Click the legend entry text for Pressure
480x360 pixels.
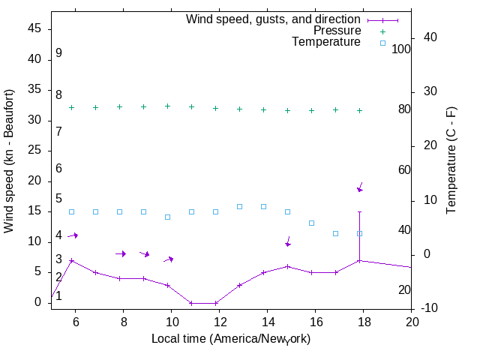tap(337, 31)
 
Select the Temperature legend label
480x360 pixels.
tap(326, 42)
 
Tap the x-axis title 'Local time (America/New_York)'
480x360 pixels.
tap(231, 339)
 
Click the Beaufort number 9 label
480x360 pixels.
tap(58, 54)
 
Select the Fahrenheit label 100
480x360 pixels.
tap(402, 49)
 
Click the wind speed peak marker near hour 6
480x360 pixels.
tap(72, 260)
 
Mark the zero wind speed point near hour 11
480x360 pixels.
tap(192, 303)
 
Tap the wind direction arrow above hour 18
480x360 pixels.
tap(360, 187)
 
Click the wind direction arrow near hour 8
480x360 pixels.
tap(120, 253)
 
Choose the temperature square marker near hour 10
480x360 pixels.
tap(168, 217)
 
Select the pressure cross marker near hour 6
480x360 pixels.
tap(72, 107)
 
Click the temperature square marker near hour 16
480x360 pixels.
tap(312, 223)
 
